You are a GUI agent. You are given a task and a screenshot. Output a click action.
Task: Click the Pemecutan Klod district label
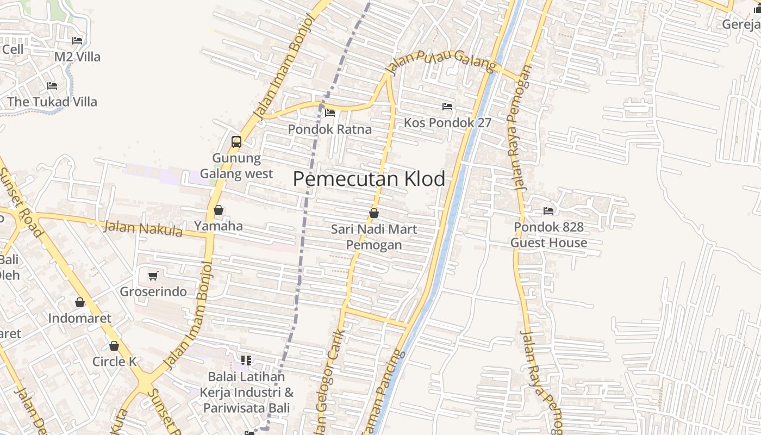tap(369, 179)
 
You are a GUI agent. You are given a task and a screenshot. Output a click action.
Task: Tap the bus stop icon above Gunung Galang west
tap(236, 142)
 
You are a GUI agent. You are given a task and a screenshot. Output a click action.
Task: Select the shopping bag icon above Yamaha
tap(219, 210)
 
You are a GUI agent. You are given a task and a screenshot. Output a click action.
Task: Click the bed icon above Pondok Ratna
tap(329, 113)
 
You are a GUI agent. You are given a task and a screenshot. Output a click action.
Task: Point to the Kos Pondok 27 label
tap(447, 123)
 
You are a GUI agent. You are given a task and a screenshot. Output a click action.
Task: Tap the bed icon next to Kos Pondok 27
tap(447, 106)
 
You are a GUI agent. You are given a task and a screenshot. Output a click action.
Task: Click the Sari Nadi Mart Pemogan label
tap(374, 237)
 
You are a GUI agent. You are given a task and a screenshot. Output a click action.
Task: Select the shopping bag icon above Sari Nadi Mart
tap(374, 213)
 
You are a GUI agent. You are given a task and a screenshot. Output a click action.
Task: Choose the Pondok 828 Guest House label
tap(548, 235)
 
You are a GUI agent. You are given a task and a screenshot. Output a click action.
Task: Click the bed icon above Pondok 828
tap(548, 211)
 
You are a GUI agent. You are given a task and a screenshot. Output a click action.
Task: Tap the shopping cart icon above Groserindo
tap(153, 276)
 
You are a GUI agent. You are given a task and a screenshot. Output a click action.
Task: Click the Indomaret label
tap(80, 318)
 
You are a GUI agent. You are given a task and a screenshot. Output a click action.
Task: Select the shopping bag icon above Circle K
tap(114, 346)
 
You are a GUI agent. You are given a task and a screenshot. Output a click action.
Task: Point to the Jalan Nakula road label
tap(143, 228)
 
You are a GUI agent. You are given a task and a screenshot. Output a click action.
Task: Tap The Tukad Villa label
tap(52, 102)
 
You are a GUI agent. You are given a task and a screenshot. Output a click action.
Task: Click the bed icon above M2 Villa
tap(77, 41)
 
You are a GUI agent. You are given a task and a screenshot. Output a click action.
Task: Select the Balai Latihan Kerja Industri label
tap(246, 392)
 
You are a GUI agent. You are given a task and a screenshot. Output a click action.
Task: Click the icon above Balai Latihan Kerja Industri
tap(246, 360)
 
